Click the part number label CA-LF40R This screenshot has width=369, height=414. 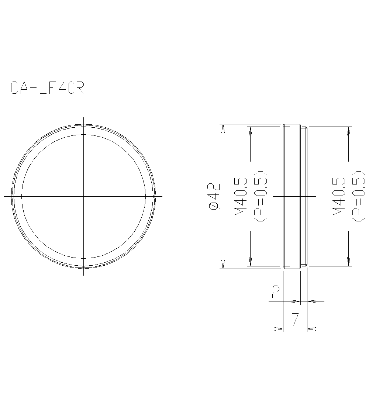tap(47, 88)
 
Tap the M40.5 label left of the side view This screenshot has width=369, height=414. tap(241, 196)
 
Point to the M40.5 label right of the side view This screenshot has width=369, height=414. tap(339, 196)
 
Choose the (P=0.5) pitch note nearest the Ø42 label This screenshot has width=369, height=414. tap(261, 196)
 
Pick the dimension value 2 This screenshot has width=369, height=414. tap(275, 292)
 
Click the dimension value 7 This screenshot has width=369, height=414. tap(295, 319)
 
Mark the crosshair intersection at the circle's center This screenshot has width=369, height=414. tap(84, 196)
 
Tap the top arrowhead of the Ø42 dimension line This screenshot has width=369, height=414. tap(223, 127)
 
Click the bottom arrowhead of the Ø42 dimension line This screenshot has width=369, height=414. tap(223, 265)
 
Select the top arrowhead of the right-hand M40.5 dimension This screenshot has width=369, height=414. tap(348, 130)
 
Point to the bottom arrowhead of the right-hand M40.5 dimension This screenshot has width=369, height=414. tap(348, 262)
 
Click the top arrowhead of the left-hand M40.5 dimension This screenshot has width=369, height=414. tap(251, 130)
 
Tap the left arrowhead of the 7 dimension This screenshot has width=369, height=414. tap(279, 328)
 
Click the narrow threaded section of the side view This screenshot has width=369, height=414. tap(304, 196)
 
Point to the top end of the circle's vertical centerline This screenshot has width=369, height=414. tap(84, 118)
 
